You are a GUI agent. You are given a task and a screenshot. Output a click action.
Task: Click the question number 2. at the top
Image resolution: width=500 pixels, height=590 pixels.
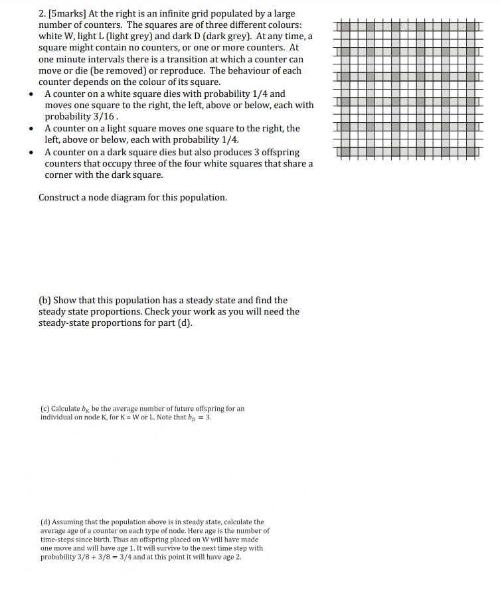(43, 14)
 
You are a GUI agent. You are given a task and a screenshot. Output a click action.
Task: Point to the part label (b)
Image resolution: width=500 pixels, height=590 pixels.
(45, 301)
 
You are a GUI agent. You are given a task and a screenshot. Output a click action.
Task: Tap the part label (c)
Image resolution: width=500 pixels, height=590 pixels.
(44, 408)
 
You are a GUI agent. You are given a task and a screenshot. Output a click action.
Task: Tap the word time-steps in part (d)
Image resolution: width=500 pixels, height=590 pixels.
(58, 540)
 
